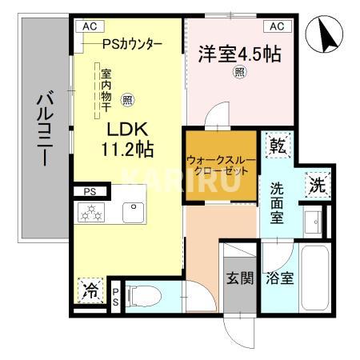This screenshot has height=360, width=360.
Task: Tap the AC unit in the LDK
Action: pos(90,26)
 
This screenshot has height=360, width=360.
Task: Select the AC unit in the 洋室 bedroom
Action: pos(278,26)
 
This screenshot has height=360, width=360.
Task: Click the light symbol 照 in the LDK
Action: pos(127,100)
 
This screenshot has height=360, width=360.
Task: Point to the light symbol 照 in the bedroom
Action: pos(239,71)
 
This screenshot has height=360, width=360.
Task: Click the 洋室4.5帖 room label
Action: pos(239,54)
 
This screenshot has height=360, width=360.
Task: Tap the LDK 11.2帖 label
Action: pos(127,139)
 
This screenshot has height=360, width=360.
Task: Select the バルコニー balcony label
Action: pos(45,128)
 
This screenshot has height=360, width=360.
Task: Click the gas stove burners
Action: pos(91,213)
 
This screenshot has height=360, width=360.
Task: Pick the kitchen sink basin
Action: pos(134,213)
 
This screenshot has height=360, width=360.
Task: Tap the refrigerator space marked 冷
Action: pos(90,290)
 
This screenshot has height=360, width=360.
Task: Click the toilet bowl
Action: pos(144,296)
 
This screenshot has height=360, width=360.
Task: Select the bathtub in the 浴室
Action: pos(314,278)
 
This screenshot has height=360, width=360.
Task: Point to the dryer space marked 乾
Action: pos(278,145)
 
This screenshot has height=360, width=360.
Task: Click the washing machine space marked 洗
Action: pos(318,185)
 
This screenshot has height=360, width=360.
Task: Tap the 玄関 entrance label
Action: pos(240,278)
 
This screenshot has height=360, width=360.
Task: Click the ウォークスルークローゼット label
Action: pos(222,166)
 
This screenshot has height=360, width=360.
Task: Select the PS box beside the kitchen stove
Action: pos(90,191)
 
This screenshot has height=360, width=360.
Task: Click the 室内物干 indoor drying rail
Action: pos(97,90)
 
